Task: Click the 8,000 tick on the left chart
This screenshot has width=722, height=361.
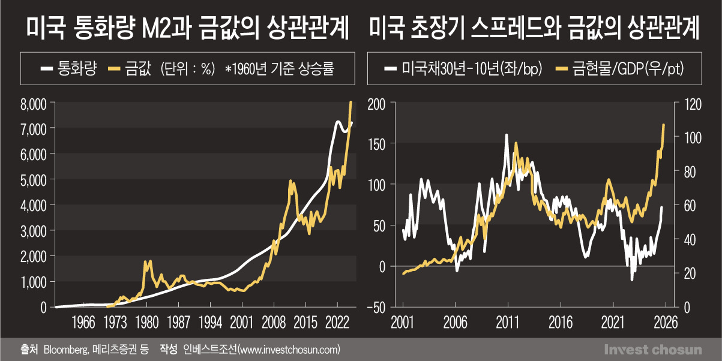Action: (x=34, y=103)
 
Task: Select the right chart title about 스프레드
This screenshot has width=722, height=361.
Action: (x=535, y=29)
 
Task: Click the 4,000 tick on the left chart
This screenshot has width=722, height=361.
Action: (x=34, y=205)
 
